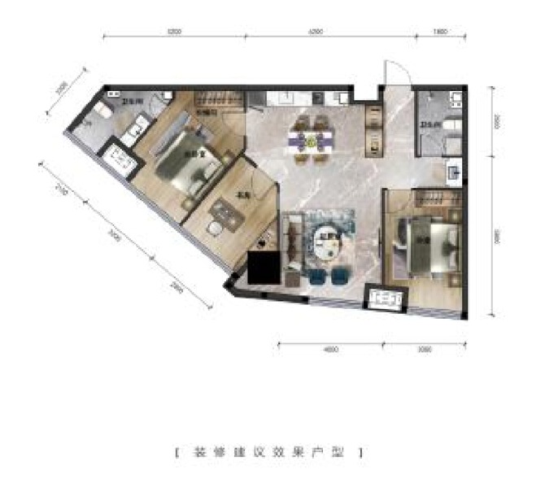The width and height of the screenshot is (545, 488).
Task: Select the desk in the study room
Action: pos(225,215)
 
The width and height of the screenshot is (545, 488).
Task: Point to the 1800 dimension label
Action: pos(440,33)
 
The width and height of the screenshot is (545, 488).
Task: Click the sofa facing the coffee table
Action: pos(294,242)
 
